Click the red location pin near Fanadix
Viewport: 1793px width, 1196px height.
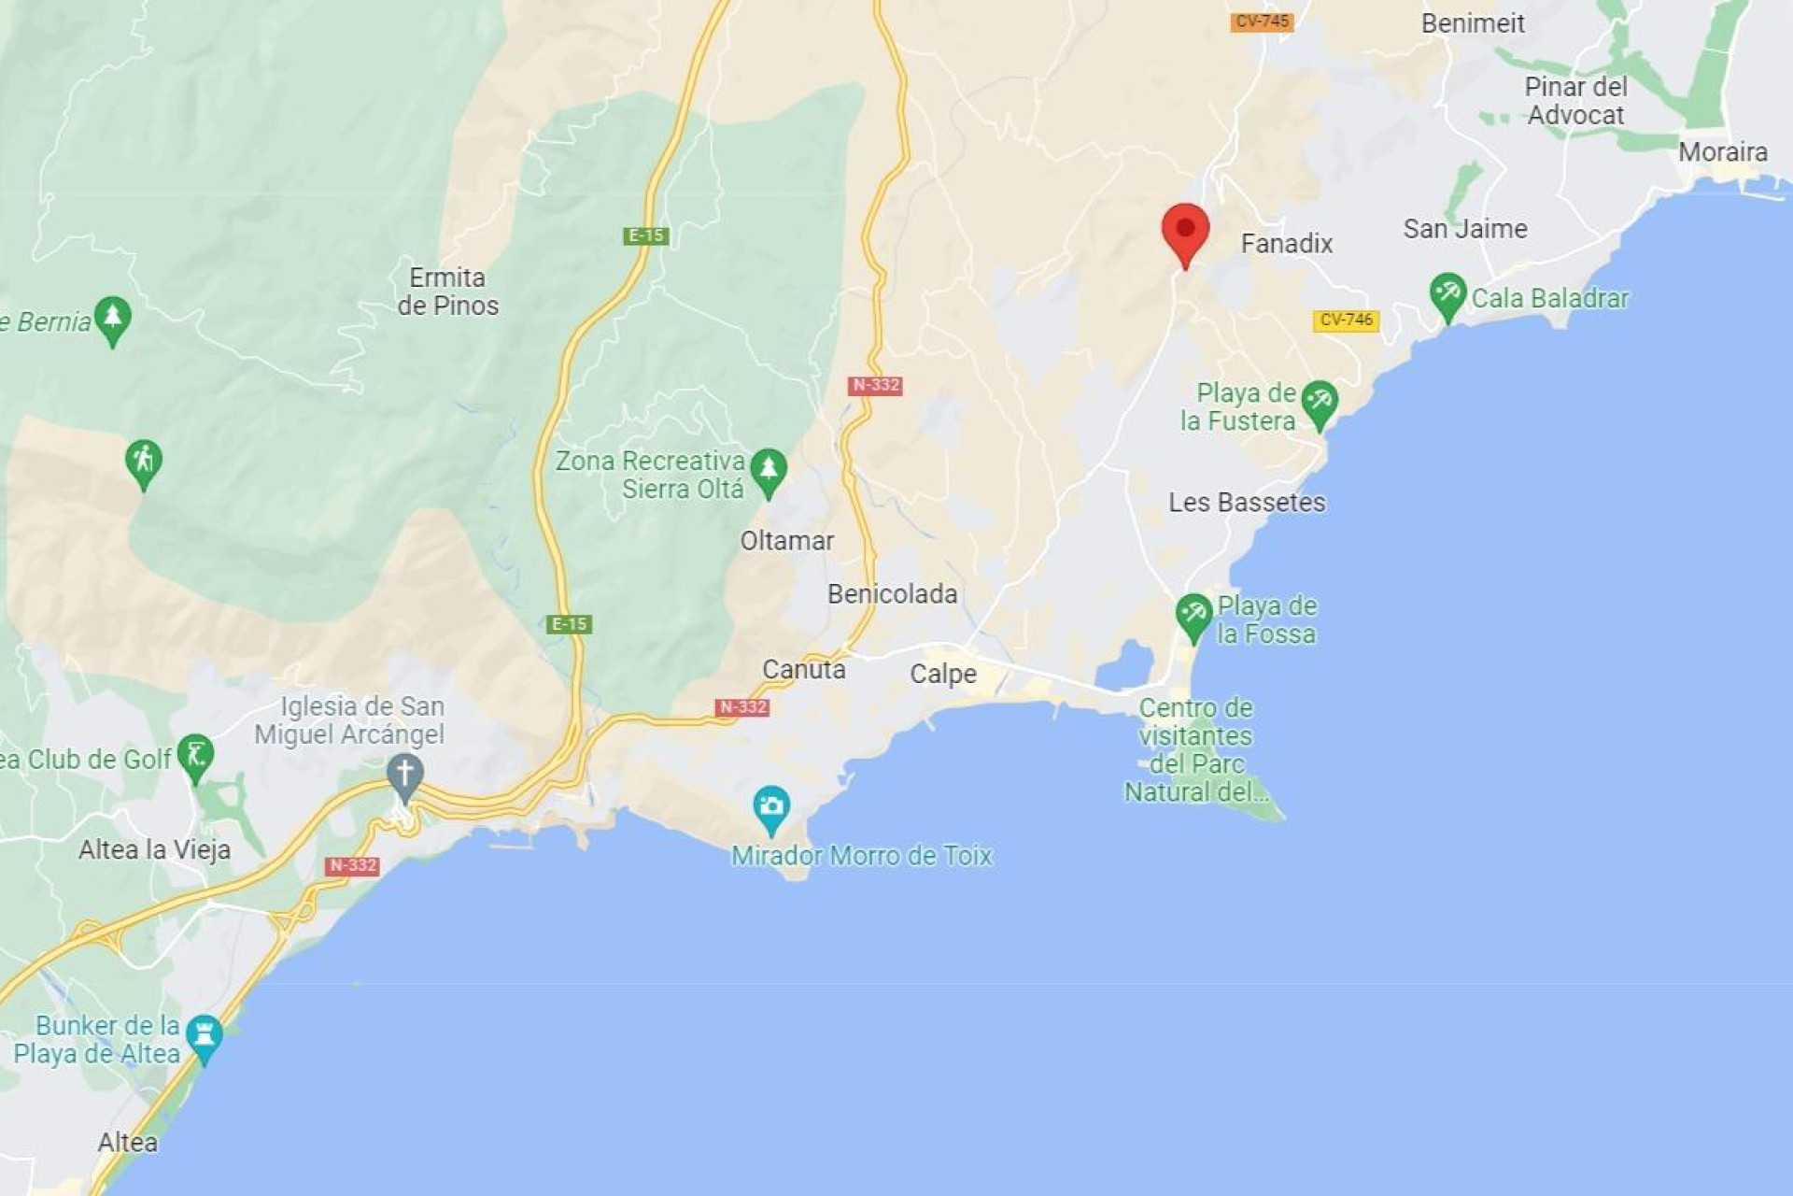(1185, 231)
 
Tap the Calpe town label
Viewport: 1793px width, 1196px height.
(943, 674)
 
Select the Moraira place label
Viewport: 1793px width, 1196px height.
(1722, 152)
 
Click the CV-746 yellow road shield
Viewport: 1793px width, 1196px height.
(1346, 320)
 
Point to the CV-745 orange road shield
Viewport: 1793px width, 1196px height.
(1262, 21)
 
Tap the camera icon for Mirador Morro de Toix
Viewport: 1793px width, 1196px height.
(771, 807)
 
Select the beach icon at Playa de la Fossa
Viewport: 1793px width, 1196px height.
(1193, 614)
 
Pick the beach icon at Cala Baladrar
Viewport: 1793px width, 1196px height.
(1447, 293)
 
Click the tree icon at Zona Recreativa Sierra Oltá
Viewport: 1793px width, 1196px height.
(768, 469)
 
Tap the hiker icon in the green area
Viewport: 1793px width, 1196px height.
(143, 461)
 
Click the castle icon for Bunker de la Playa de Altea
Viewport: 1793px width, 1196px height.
(204, 1035)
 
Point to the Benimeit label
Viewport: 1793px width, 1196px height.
(1473, 23)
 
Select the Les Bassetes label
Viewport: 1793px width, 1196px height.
(1247, 503)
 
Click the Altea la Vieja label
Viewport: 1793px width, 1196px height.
(154, 849)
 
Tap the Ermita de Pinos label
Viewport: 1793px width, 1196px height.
(447, 292)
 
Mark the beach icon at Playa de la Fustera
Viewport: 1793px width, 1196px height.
(1319, 402)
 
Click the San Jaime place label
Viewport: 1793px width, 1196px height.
(1465, 229)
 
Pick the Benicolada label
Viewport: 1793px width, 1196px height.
(892, 594)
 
